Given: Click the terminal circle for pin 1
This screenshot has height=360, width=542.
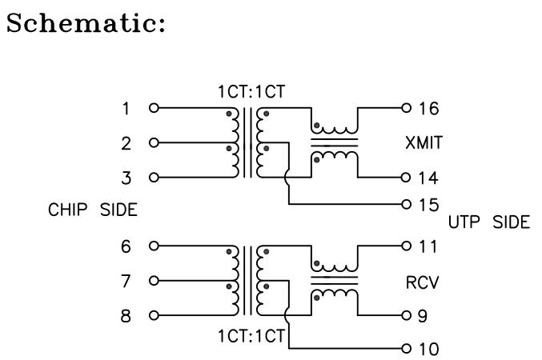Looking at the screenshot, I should click(x=154, y=107).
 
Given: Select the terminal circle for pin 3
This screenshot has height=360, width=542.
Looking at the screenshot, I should click(x=154, y=177).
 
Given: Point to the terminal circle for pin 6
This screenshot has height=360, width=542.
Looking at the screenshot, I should click(x=154, y=246).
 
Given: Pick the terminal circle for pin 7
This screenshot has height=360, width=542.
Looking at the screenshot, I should click(x=154, y=280).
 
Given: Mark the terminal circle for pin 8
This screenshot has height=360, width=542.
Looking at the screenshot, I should click(x=154, y=315).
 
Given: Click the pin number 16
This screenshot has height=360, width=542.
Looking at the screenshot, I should click(x=428, y=107).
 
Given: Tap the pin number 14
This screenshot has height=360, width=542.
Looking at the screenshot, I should click(x=428, y=177).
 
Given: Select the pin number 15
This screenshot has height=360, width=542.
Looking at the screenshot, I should click(x=428, y=204).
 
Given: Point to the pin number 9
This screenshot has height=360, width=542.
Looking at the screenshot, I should click(x=424, y=315).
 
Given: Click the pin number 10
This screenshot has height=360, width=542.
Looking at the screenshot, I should click(x=428, y=350).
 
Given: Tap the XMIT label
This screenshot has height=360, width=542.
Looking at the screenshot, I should click(x=424, y=142).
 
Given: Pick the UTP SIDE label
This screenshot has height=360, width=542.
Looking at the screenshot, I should click(x=488, y=222).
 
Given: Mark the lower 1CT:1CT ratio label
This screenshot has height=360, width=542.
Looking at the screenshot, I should click(x=251, y=334).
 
